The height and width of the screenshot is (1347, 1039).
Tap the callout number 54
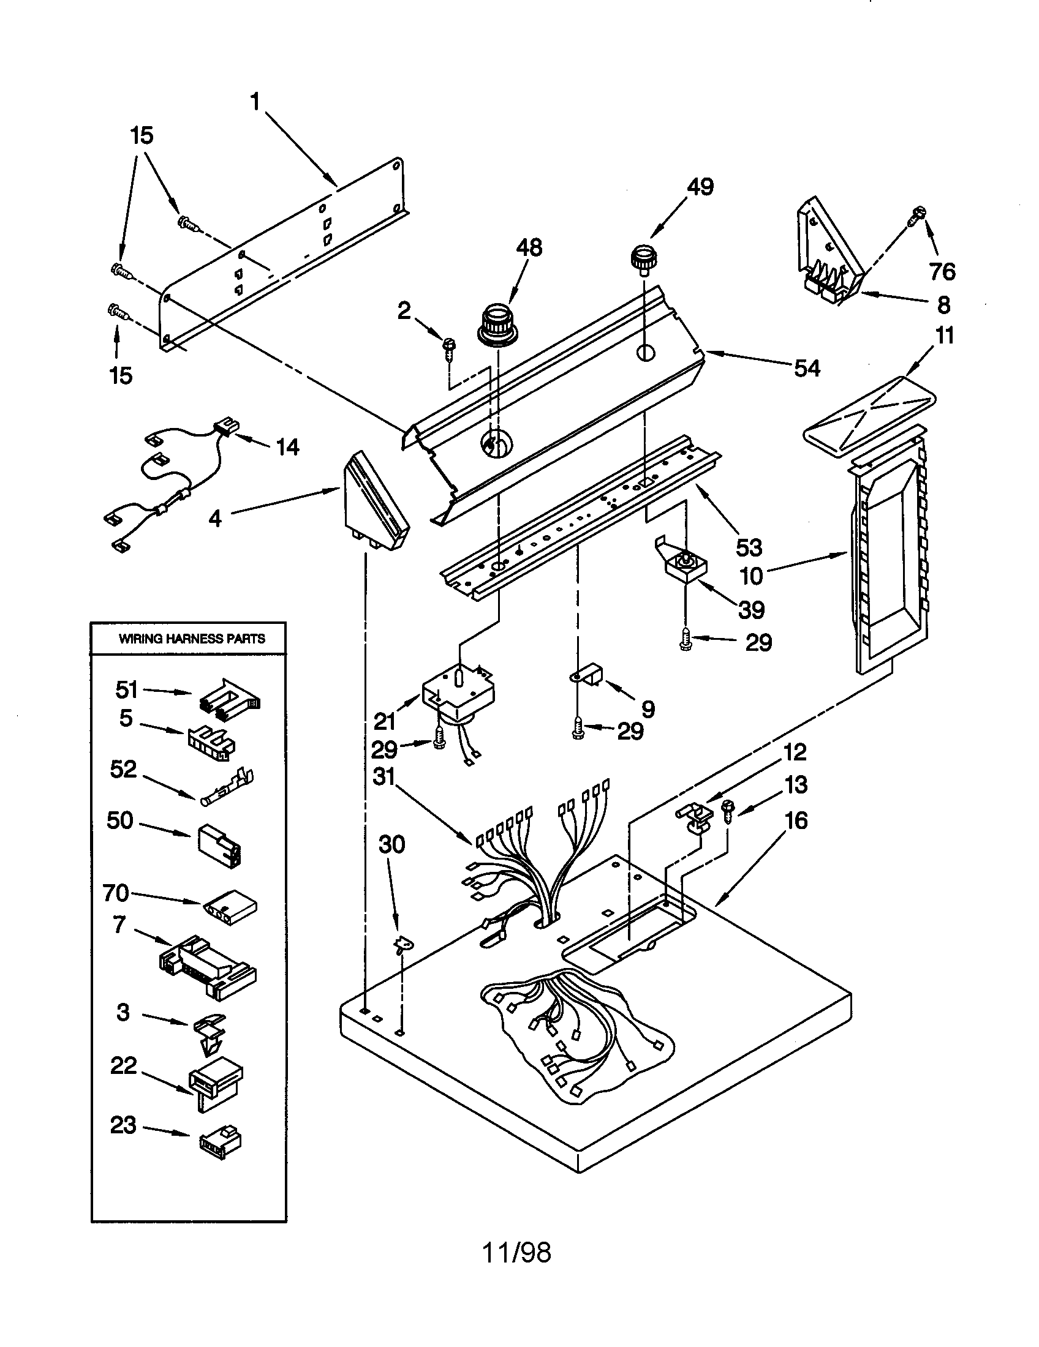pyautogui.click(x=806, y=368)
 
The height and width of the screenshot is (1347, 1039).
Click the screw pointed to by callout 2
pyautogui.click(x=448, y=345)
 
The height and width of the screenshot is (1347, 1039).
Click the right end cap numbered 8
pyautogui.click(x=829, y=259)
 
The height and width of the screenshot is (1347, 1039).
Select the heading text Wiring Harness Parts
pyautogui.click(x=192, y=639)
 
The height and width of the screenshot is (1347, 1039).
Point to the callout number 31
pyautogui.click(x=383, y=776)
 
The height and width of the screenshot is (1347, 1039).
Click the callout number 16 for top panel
pyautogui.click(x=796, y=820)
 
